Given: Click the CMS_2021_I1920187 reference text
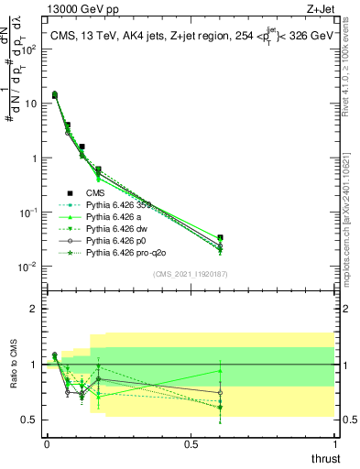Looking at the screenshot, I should point(191,273).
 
